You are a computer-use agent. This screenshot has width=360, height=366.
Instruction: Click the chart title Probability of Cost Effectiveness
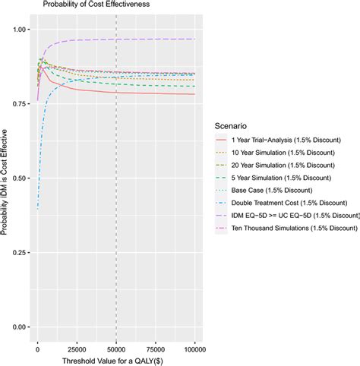(91, 5)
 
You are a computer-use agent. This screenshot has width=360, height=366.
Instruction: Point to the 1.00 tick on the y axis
(23, 29)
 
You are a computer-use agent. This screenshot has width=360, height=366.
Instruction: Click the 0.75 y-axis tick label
(23, 103)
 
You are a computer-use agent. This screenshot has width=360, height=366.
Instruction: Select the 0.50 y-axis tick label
(23, 178)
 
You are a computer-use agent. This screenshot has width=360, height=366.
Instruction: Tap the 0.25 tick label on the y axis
(23, 252)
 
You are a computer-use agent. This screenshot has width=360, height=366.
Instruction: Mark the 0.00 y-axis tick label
(23, 327)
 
